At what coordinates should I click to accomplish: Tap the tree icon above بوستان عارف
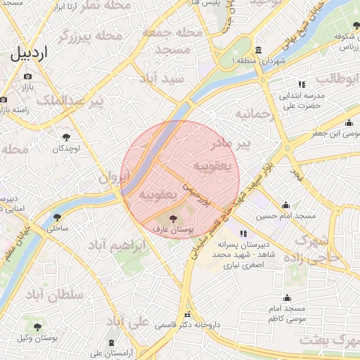click(x=174, y=219)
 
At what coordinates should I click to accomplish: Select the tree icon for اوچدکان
click(x=67, y=137)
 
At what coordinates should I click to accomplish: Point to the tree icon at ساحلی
click(x=57, y=217)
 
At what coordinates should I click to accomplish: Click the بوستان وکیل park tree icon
click(x=37, y=327)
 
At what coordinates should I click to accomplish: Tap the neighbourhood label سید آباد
click(x=162, y=79)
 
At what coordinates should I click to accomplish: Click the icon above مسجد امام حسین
click(x=285, y=205)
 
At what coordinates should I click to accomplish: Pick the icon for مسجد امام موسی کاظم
click(x=288, y=298)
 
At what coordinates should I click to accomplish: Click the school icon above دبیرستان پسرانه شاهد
click(x=243, y=233)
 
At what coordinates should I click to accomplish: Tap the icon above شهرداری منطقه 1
click(x=259, y=51)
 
